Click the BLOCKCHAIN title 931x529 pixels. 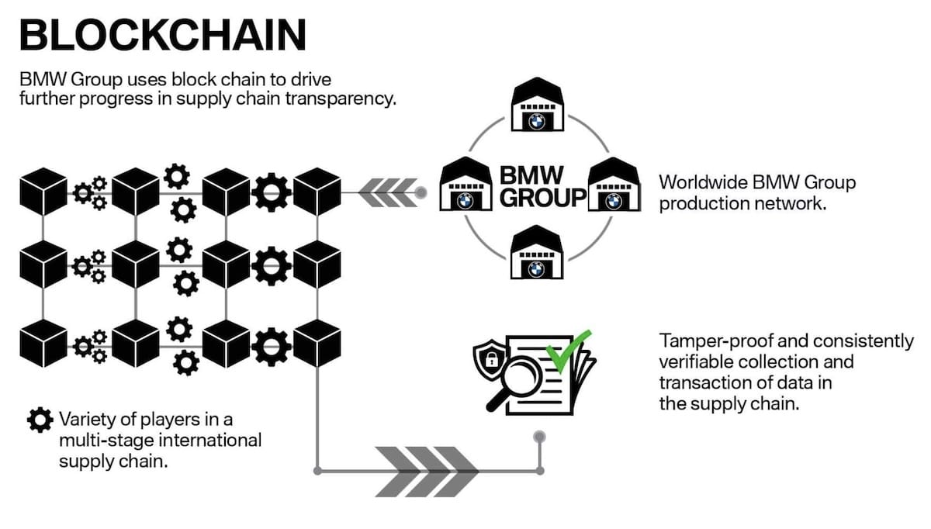[162, 36]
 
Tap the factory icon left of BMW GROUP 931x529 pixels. [465, 186]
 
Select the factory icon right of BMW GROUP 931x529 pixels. [613, 186]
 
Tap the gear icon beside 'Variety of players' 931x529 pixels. [39, 420]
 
